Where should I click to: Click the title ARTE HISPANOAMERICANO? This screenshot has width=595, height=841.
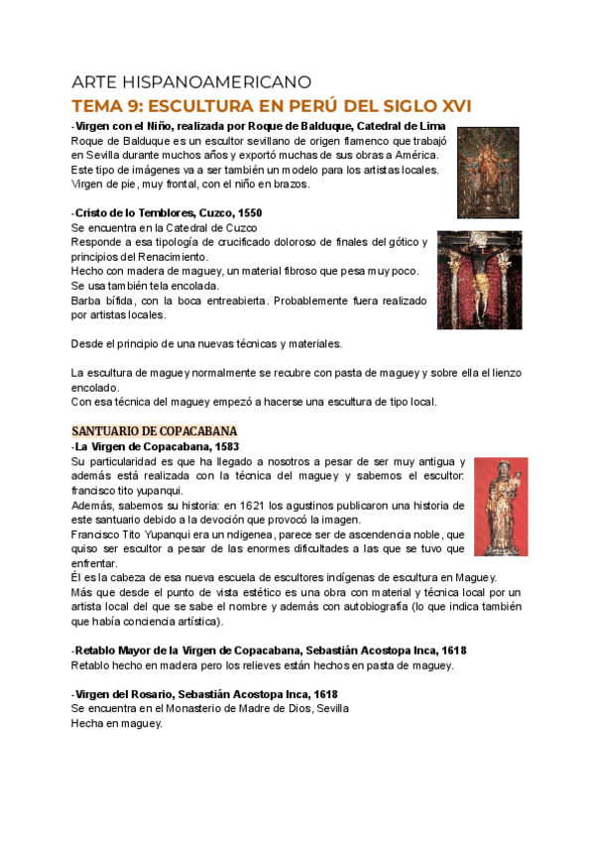192,81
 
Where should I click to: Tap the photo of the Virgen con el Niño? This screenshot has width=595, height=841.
488,172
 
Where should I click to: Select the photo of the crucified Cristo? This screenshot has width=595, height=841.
480,281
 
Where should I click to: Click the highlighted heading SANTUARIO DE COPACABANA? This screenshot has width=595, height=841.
154,431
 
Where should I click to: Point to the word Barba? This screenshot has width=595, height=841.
86,300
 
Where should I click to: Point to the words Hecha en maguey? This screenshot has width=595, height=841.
116,723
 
